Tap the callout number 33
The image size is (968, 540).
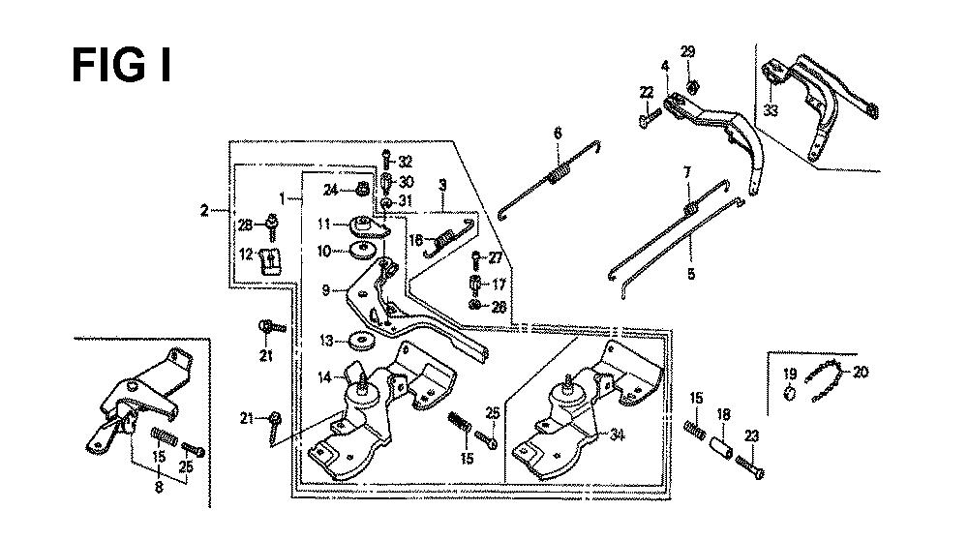(771, 110)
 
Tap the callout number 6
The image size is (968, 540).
(558, 133)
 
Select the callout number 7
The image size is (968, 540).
(687, 172)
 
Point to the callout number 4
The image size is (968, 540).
(665, 66)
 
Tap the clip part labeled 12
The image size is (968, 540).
(273, 260)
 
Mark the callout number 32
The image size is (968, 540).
(406, 162)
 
